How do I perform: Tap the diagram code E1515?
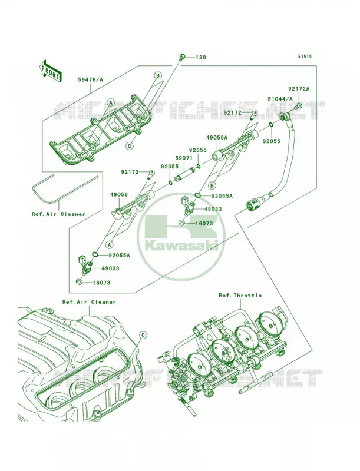(305, 56)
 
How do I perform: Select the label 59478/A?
(91, 79)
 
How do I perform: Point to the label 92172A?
(298, 89)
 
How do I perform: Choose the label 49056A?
(217, 138)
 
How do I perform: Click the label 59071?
(184, 157)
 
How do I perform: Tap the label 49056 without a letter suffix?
(119, 195)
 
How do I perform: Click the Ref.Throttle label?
(240, 296)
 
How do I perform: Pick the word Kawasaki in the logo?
(182, 246)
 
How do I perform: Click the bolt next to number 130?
(181, 57)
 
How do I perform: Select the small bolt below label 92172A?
(299, 106)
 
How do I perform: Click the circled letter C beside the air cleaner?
(143, 334)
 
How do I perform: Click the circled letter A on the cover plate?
(111, 102)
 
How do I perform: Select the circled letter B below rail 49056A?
(212, 185)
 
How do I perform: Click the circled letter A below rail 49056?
(110, 245)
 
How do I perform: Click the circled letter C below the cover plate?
(130, 146)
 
